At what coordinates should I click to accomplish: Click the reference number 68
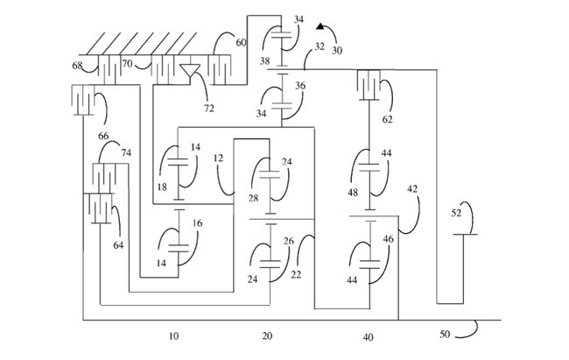77,66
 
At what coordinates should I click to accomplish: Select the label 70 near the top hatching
126,63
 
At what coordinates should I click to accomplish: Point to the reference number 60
242,42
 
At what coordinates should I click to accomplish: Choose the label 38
264,62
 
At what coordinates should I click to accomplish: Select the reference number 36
299,86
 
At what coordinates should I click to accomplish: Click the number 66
102,137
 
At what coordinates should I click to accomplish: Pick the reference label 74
126,152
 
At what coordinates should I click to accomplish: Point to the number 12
218,158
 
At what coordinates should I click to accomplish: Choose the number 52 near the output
456,213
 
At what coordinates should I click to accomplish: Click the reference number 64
118,246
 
